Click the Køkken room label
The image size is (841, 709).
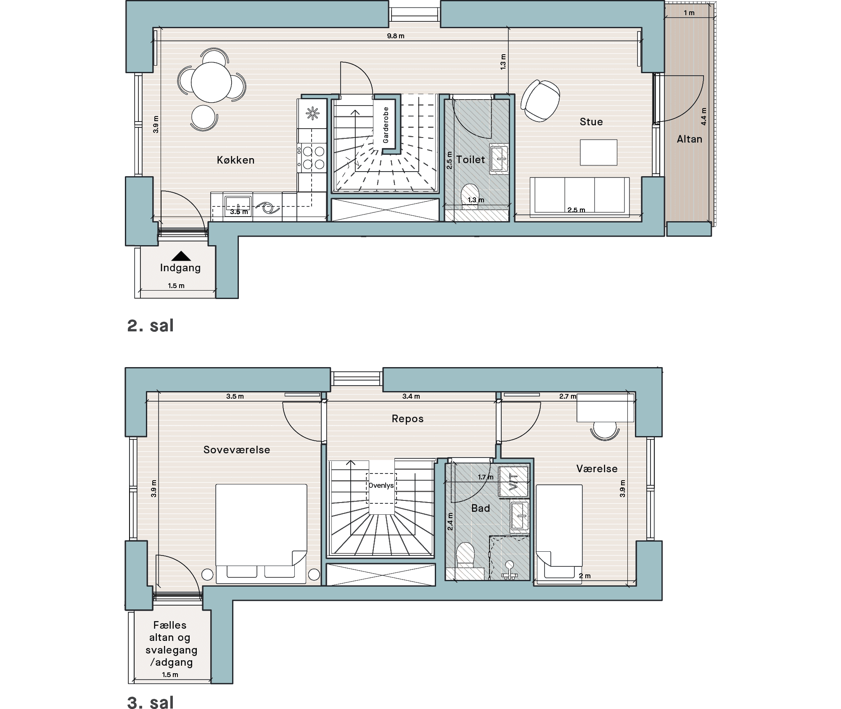[x=235, y=160]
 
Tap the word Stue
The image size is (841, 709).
[x=591, y=122]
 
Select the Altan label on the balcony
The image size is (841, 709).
[x=690, y=139]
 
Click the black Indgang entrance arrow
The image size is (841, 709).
[x=181, y=256]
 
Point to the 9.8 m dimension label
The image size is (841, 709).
[x=396, y=36]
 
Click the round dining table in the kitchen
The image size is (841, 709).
[x=211, y=82]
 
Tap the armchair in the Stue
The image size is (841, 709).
[x=540, y=101]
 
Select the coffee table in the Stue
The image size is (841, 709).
[x=598, y=152]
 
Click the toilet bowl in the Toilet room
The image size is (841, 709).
[x=471, y=196]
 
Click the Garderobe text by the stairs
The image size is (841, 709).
[x=386, y=125]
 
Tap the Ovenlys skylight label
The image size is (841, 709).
[x=381, y=485]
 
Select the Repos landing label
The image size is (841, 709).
[x=407, y=419]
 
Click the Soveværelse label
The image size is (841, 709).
[x=237, y=450]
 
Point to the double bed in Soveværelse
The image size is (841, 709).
[x=262, y=534]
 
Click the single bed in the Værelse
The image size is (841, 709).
[x=559, y=532]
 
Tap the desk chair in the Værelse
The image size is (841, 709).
[x=605, y=431]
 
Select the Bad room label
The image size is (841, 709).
[x=481, y=508]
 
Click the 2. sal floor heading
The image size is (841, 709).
[x=150, y=326]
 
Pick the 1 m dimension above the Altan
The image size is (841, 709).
[x=689, y=13]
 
